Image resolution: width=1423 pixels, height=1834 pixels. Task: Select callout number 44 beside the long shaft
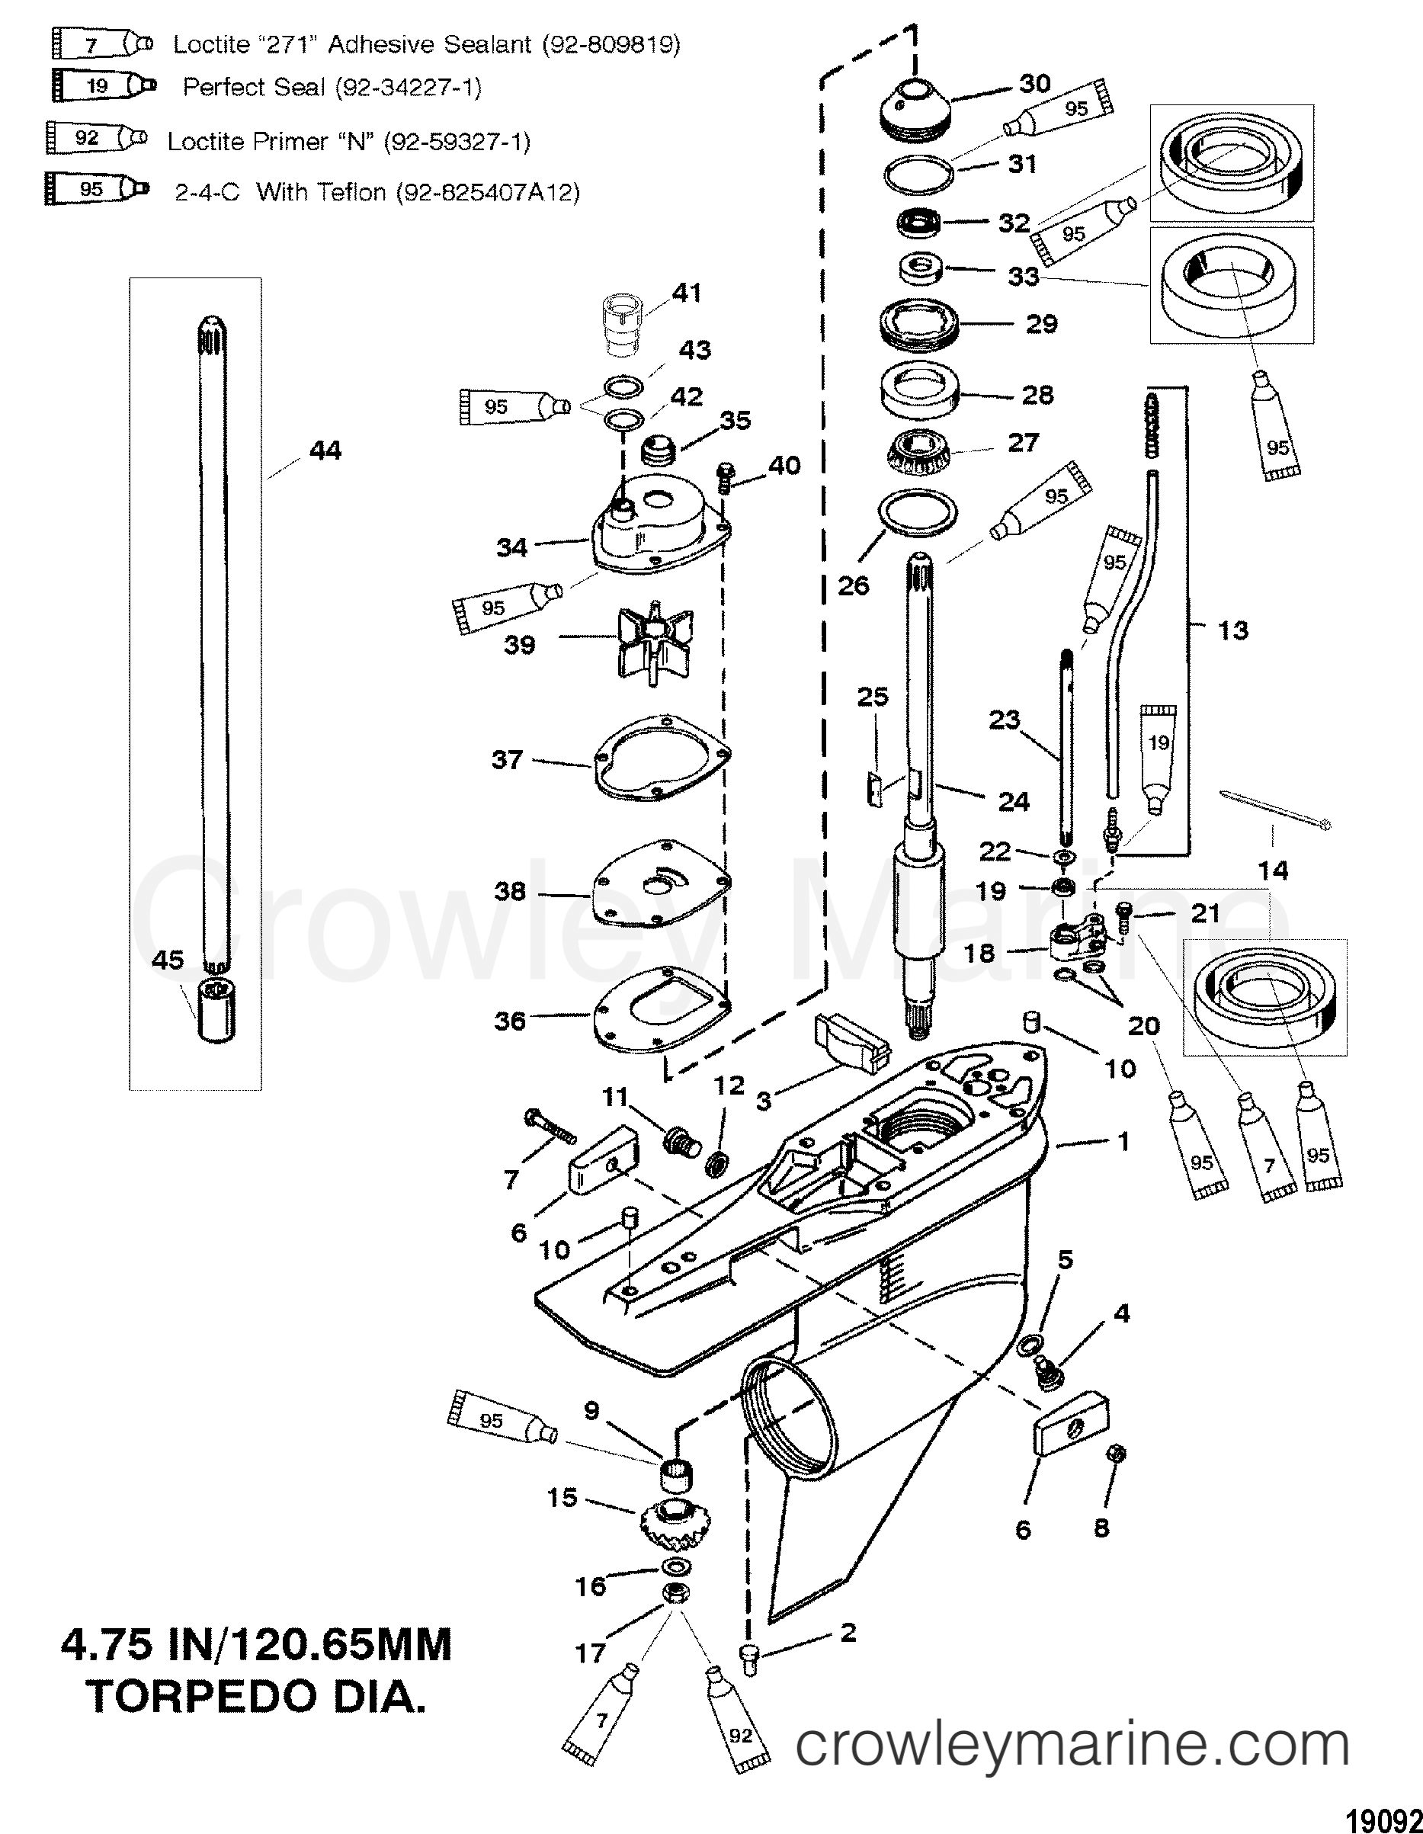[325, 451]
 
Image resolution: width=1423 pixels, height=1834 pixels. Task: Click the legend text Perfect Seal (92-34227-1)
[332, 88]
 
